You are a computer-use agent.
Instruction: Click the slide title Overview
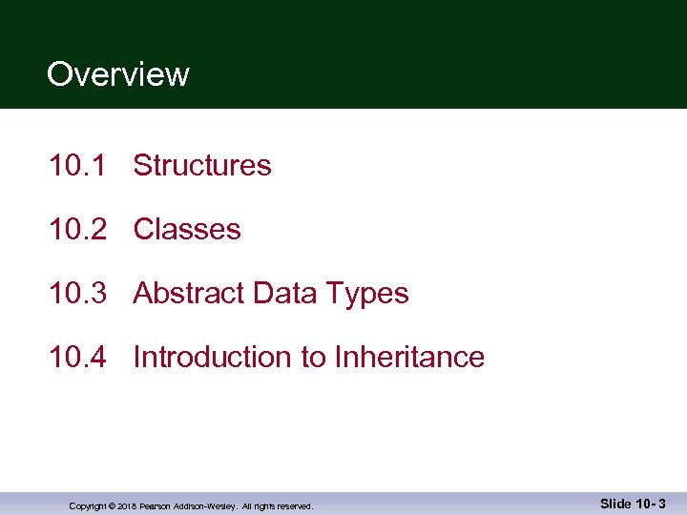pyautogui.click(x=117, y=74)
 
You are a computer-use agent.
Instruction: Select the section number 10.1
pyautogui.click(x=76, y=166)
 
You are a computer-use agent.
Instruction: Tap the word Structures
pyautogui.click(x=202, y=166)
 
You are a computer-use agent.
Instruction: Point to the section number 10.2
pyautogui.click(x=76, y=230)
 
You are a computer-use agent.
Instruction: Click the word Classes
pyautogui.click(x=187, y=230)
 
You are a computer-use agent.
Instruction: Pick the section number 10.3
pyautogui.click(x=76, y=294)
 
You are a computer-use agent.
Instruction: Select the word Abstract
pyautogui.click(x=189, y=294)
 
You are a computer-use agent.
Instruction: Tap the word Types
pyautogui.click(x=366, y=294)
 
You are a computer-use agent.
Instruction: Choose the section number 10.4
pyautogui.click(x=76, y=358)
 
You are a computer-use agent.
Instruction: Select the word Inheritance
pyautogui.click(x=409, y=358)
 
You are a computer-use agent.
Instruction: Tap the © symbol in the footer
pyautogui.click(x=112, y=506)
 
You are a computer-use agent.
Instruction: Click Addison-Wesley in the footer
pyautogui.click(x=204, y=506)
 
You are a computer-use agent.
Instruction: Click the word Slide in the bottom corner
pyautogui.click(x=615, y=503)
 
